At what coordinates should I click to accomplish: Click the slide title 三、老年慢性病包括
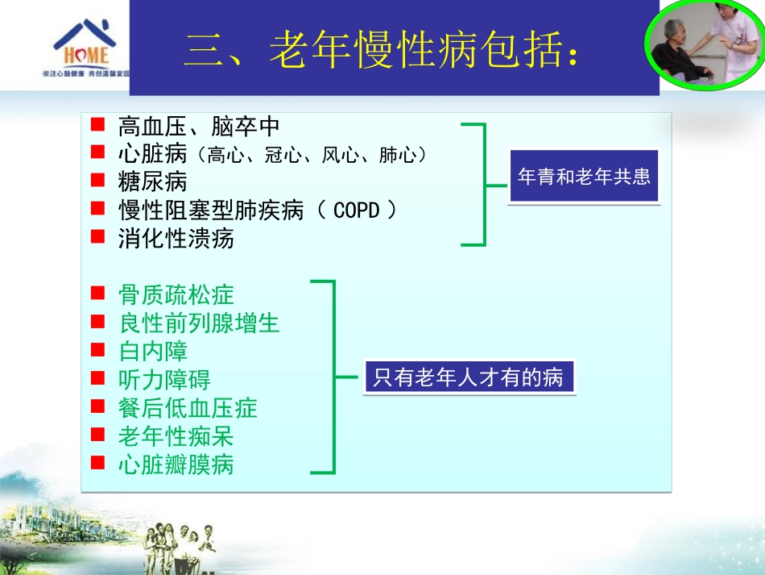point(381,51)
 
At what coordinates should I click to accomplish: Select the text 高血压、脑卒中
point(198,127)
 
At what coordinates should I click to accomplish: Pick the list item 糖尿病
point(152,182)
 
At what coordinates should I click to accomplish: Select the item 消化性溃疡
point(176,239)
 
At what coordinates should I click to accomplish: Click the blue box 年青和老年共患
point(584,177)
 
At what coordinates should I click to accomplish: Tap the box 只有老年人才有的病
point(469,377)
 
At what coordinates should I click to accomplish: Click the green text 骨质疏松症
point(176,294)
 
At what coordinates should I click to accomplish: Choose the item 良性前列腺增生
point(198,323)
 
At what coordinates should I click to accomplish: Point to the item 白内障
point(152,352)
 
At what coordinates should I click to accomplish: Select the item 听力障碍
point(163,380)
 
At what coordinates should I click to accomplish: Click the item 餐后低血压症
point(187,408)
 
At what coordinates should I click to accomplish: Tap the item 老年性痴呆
point(176,436)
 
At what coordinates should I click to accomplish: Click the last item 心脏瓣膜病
point(176,465)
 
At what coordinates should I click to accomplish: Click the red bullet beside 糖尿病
point(97,181)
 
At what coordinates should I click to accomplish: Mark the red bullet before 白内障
point(97,350)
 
